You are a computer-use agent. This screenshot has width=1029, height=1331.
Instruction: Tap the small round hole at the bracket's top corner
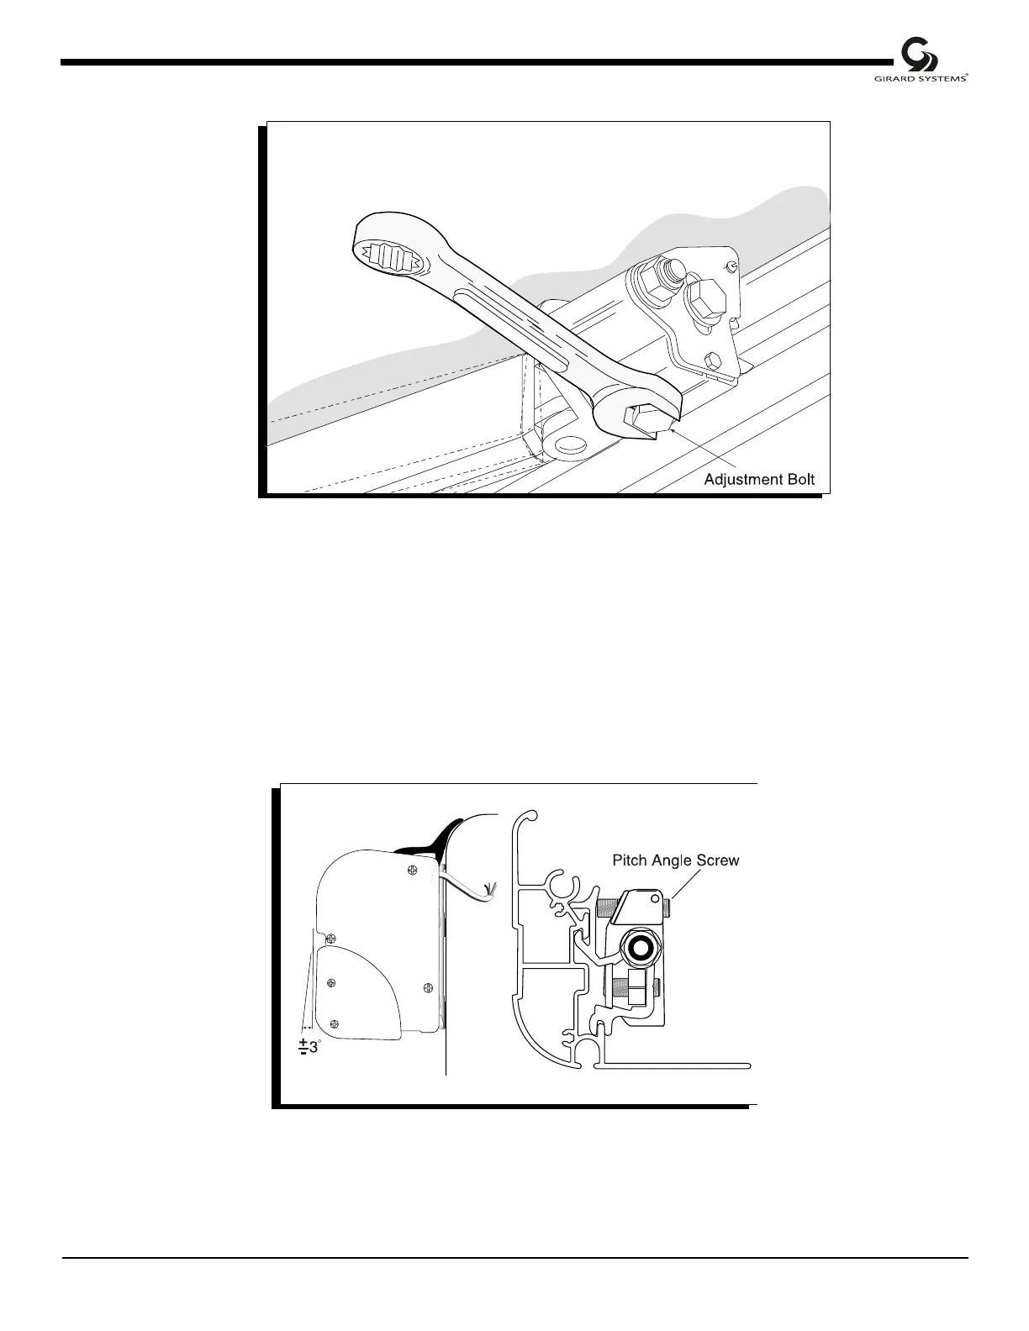point(732,266)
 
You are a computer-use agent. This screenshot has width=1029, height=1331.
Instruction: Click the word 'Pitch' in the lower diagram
point(630,860)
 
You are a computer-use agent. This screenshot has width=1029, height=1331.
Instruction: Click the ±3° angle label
point(309,1047)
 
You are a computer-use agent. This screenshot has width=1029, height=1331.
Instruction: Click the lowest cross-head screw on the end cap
point(336,1023)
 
